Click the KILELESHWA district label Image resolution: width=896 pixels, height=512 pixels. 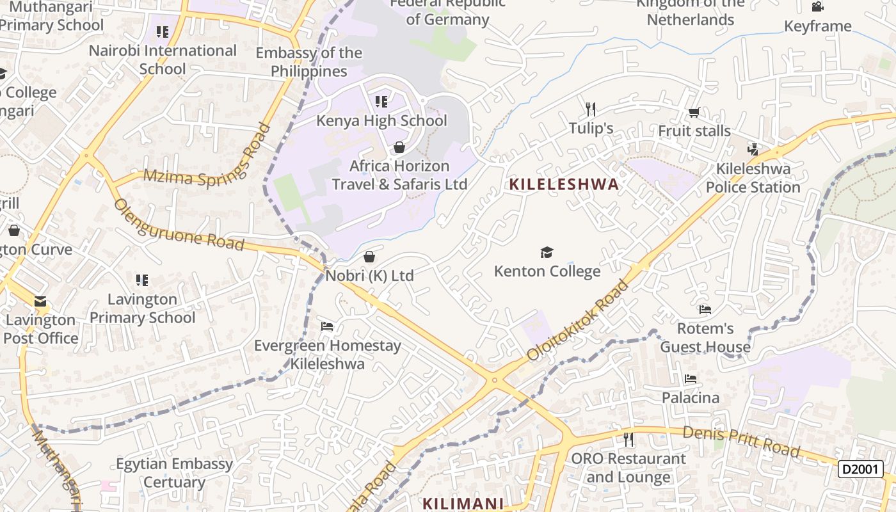[564, 185]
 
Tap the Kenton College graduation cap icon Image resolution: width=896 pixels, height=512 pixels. [547, 252]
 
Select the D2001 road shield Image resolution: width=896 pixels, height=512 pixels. [861, 469]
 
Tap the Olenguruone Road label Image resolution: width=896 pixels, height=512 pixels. [179, 225]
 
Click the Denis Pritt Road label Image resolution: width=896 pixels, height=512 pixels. [741, 442]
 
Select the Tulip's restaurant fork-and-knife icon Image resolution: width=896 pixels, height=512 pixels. [591, 109]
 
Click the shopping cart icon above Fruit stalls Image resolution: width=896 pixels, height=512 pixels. [694, 113]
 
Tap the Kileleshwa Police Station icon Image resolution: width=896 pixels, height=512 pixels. [753, 150]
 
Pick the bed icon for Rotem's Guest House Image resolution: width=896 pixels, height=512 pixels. [705, 310]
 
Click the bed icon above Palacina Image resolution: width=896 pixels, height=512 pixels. [690, 379]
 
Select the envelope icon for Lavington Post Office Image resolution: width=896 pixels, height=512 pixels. [40, 301]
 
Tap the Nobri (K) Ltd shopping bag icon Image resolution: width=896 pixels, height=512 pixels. [369, 257]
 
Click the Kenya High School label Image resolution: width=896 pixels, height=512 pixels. [381, 120]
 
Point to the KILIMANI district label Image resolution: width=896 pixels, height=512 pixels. [463, 503]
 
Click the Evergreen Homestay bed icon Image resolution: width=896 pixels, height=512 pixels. [327, 327]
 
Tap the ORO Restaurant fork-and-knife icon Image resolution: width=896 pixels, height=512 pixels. [628, 440]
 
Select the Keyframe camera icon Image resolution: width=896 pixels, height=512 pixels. [817, 7]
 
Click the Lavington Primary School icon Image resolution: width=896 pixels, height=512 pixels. [142, 280]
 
